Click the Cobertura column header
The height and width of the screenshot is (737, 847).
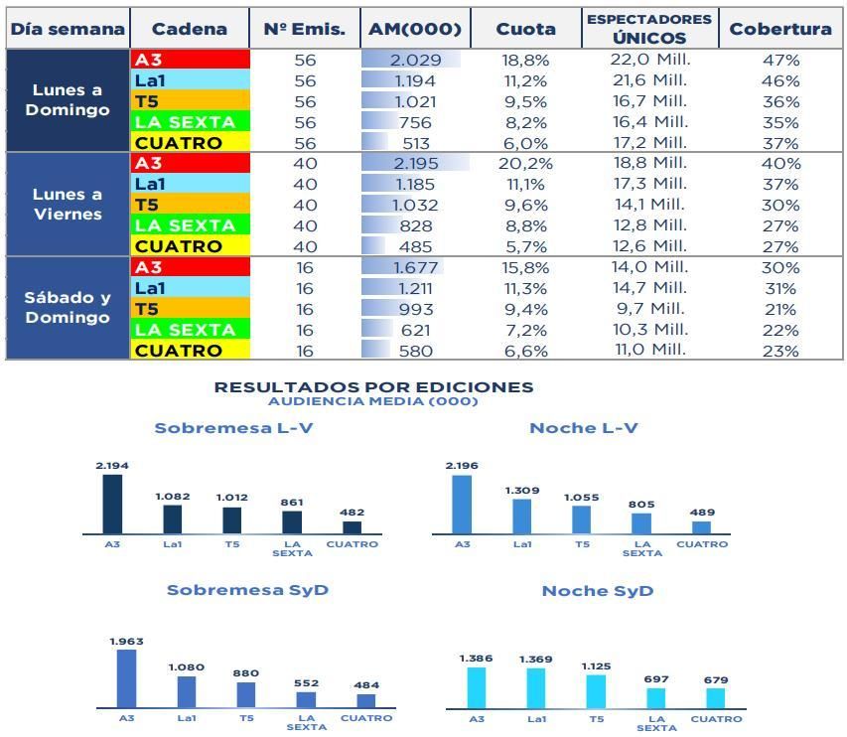click(x=780, y=29)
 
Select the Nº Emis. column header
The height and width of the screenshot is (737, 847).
click(x=305, y=29)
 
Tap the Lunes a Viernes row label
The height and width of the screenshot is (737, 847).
click(x=68, y=205)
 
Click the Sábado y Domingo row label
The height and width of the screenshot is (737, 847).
click(x=68, y=308)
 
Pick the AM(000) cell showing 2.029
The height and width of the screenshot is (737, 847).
click(x=415, y=60)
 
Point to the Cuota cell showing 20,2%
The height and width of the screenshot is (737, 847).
click(x=525, y=164)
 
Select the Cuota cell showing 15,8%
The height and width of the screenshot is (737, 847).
click(x=525, y=267)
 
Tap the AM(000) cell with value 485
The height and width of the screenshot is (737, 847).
click(x=415, y=246)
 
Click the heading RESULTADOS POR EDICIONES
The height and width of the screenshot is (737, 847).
click(x=373, y=387)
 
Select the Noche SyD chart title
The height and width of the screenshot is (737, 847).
click(x=598, y=591)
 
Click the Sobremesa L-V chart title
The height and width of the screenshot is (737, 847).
click(x=234, y=428)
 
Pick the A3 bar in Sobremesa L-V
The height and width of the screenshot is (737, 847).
click(x=112, y=505)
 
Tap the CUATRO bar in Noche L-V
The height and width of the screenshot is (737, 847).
click(x=702, y=527)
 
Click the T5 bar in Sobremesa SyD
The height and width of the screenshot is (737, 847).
click(x=246, y=694)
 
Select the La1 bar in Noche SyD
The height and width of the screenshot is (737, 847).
click(x=536, y=688)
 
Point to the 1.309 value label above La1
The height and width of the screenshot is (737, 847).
click(x=521, y=491)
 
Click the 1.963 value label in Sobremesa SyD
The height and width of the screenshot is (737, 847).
click(x=126, y=642)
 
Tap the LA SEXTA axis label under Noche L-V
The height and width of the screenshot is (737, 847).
click(x=642, y=548)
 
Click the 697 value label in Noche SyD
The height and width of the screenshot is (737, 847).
click(x=656, y=679)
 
